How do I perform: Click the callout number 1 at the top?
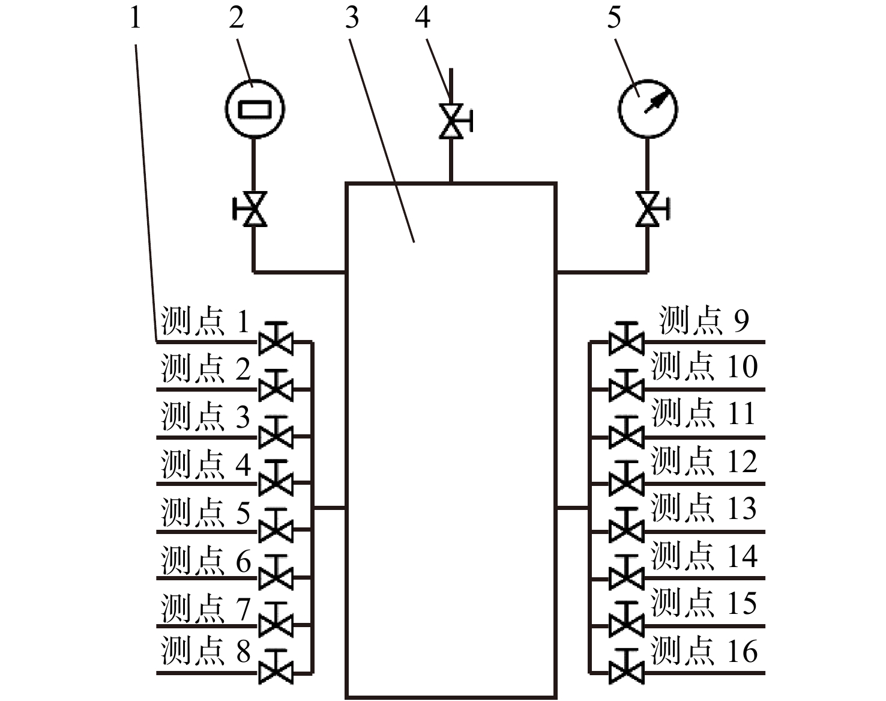click(136, 19)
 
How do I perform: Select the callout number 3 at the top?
click(352, 19)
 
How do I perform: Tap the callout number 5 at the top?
click(614, 19)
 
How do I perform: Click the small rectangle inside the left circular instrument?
click(255, 109)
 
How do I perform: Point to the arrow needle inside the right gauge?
click(657, 100)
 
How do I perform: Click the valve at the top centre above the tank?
click(456, 121)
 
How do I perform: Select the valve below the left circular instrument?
click(250, 208)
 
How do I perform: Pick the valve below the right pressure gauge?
click(652, 208)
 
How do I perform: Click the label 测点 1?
click(205, 320)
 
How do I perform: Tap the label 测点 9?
click(704, 320)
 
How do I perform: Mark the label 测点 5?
click(205, 512)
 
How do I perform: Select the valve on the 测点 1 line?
click(276, 338)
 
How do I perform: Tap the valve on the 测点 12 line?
click(626, 478)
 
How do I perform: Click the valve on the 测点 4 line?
click(276, 478)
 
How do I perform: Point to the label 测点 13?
click(704, 508)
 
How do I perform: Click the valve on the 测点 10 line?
click(626, 385)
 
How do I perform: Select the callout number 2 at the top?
click(237, 19)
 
